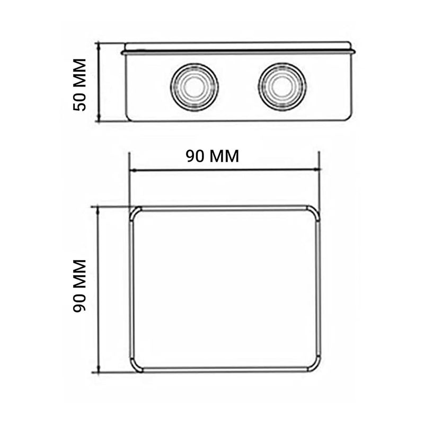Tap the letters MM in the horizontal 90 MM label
point(223,156)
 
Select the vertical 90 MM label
point(80,286)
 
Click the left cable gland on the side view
point(194,87)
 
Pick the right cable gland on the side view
point(282,87)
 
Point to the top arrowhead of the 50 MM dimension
point(99,46)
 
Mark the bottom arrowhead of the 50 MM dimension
point(99,118)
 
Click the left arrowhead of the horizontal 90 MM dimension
point(133,170)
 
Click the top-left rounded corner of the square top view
point(136,213)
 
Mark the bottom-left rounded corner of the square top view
point(136,365)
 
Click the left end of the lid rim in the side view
point(123,52)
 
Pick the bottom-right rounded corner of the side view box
point(348,117)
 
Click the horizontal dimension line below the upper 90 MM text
point(225,170)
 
